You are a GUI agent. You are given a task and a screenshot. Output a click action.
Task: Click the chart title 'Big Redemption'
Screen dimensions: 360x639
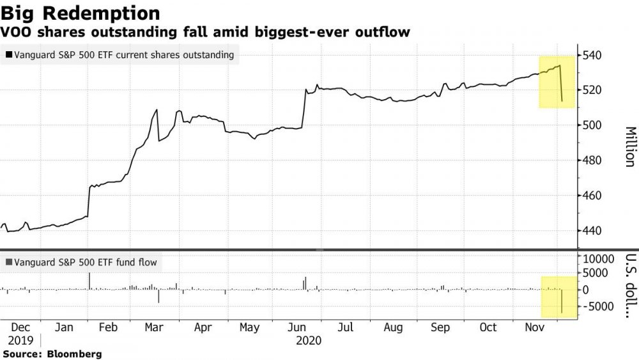click(81, 12)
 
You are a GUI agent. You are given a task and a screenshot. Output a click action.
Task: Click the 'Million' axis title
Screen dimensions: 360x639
click(629, 147)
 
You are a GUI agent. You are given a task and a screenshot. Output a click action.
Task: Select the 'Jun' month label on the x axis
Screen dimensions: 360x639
click(304, 328)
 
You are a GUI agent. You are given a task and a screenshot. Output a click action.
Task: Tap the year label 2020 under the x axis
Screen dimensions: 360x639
click(309, 341)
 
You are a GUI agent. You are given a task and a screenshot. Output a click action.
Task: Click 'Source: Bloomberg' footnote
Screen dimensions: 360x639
click(52, 354)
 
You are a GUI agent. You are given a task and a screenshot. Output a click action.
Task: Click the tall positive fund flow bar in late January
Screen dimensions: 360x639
click(89, 281)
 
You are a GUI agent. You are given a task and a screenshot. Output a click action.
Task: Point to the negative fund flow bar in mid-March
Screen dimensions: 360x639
click(158, 296)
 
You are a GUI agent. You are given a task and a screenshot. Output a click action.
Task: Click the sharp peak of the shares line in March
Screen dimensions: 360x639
click(157, 111)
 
